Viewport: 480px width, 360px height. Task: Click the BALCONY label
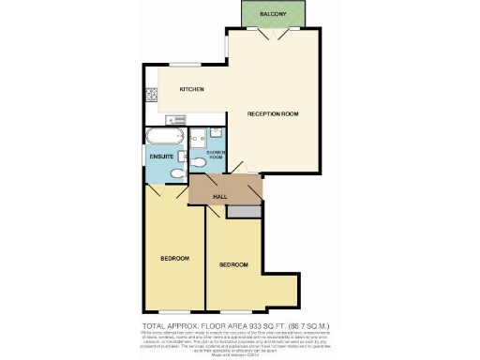(273, 14)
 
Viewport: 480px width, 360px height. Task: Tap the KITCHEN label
(192, 89)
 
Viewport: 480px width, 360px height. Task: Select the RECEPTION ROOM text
(272, 113)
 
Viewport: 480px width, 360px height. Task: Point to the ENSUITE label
(161, 156)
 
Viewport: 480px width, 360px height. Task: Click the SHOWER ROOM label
(215, 155)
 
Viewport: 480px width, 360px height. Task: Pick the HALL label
(220, 196)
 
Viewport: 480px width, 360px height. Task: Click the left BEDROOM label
(174, 258)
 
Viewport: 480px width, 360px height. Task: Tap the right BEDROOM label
(233, 265)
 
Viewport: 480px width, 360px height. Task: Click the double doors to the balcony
(273, 35)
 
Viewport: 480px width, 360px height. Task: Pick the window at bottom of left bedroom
(173, 310)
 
